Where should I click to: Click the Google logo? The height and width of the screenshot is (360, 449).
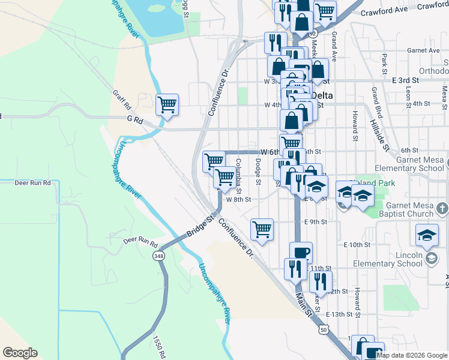20,353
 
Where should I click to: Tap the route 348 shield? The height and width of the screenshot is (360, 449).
158,256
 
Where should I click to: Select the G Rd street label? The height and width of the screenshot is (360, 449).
134,121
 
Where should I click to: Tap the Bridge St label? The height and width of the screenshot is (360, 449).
201,226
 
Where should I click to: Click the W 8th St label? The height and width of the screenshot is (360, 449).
238,199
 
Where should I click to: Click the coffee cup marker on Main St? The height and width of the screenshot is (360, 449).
301,253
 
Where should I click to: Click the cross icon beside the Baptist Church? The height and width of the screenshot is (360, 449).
441,209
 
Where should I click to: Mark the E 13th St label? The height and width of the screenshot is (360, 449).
343,314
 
